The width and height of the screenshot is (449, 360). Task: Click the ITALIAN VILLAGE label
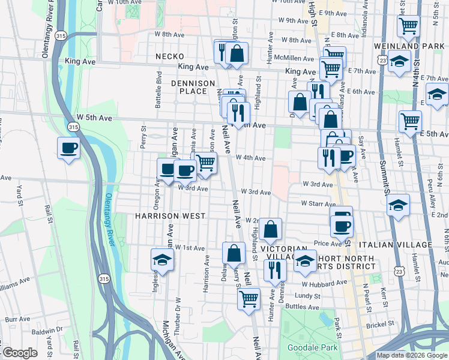[x=395, y=245]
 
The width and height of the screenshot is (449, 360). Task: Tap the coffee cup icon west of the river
[x=69, y=148]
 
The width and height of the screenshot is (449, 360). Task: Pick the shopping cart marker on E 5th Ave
[x=411, y=121]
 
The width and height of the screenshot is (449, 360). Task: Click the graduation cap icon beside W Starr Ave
[x=398, y=205]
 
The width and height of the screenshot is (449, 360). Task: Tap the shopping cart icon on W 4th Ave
[x=206, y=162]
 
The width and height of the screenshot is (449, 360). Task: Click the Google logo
[x=19, y=353]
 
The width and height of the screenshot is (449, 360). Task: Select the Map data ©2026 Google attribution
[x=412, y=355]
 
